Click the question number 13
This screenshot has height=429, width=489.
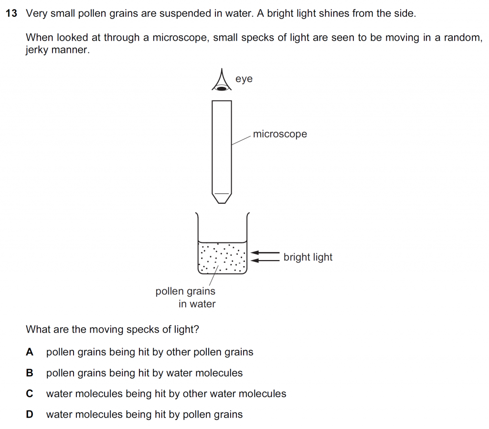point(11,13)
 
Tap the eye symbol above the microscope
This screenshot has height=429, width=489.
point(222,80)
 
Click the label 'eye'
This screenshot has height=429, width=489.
point(244,79)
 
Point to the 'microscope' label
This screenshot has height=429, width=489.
point(280,134)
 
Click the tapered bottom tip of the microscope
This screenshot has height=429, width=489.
point(222,199)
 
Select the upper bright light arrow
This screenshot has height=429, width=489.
point(265,252)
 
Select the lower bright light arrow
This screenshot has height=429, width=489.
point(265,260)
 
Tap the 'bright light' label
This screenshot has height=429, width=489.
point(308,257)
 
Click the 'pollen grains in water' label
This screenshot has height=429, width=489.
point(186,297)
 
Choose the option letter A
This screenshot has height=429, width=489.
point(30,352)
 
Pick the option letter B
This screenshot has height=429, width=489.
point(30,373)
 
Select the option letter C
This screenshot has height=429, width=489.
point(30,394)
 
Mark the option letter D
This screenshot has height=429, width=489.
point(30,414)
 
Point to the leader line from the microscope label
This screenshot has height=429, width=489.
point(241,140)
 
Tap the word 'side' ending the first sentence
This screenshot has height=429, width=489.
point(404,13)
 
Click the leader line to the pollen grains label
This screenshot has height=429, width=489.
point(213,275)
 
